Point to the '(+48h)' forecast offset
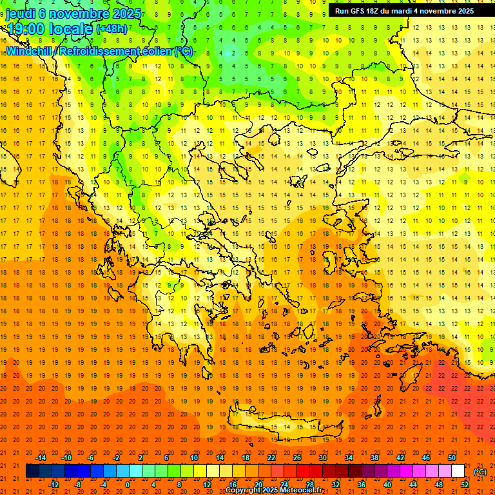[x=112, y=29]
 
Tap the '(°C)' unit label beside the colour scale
[x=480, y=472]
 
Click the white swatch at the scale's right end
[x=458, y=471]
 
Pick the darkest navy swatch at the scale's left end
[x=32, y=471]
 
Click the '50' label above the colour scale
[x=451, y=458]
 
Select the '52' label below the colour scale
[x=465, y=485]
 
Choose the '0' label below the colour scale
[x=128, y=485]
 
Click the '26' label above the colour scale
[x=296, y=458]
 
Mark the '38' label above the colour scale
[x=374, y=458]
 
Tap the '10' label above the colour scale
[x=193, y=458]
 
